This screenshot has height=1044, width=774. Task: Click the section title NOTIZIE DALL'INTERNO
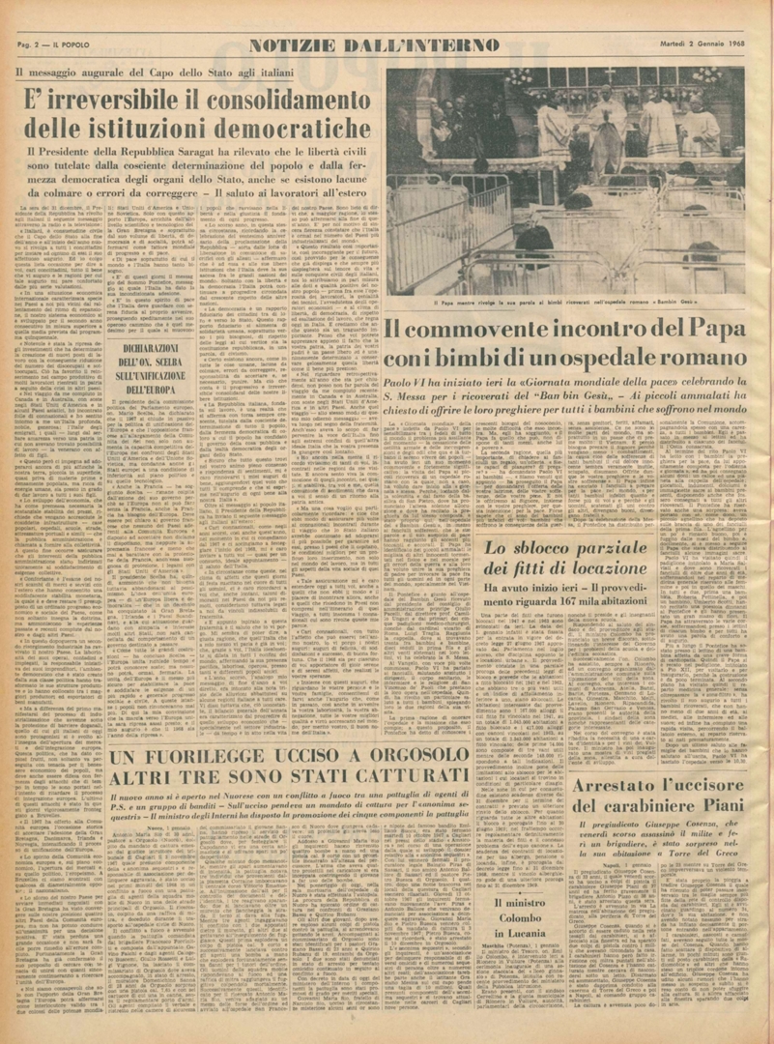click(x=374, y=44)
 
